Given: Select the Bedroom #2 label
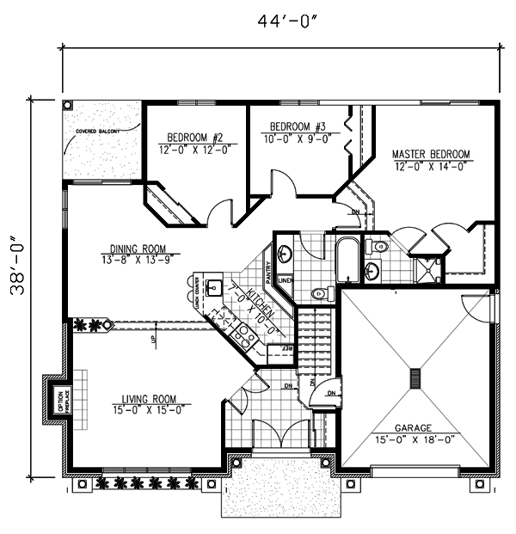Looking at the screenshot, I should click(x=195, y=143).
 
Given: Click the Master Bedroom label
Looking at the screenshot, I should click(x=431, y=160).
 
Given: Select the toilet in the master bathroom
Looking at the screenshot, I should click(x=380, y=248).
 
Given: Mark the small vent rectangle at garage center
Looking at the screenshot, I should click(x=415, y=378).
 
